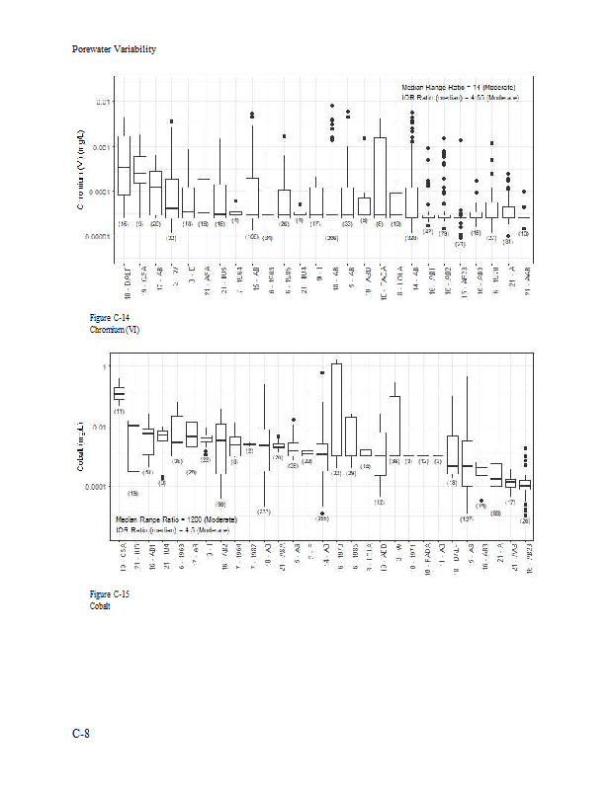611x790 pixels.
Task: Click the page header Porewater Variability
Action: [x=114, y=49]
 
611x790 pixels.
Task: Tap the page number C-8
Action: [x=80, y=733]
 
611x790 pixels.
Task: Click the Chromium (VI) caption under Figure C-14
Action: [x=113, y=329]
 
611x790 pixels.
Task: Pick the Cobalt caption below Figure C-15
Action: [x=100, y=606]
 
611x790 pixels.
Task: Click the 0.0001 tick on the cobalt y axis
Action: [x=100, y=487]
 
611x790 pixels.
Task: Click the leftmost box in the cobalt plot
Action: [x=119, y=392]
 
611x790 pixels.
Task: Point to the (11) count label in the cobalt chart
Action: [x=119, y=411]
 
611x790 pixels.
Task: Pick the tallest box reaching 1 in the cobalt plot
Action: [x=336, y=409]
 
